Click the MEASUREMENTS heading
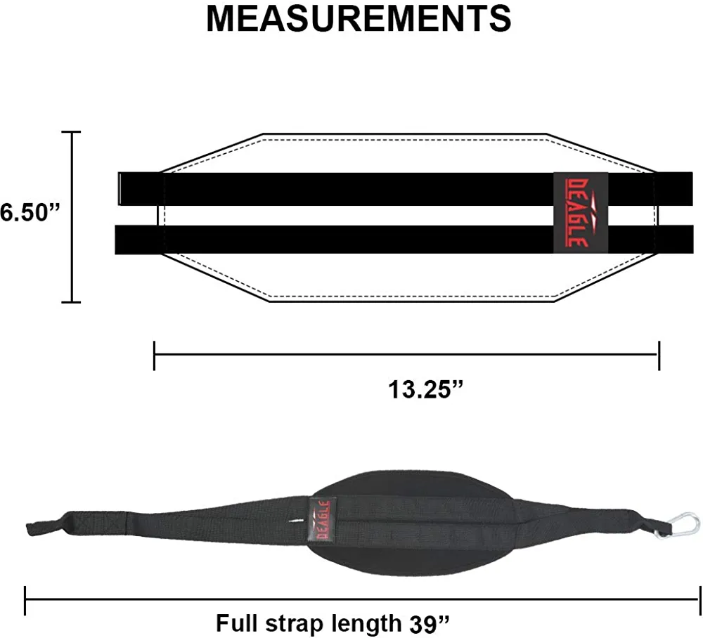[x=359, y=18]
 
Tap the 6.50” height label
[x=30, y=212]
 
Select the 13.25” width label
[x=425, y=389]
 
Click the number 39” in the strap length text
[x=429, y=624]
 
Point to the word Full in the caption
[x=234, y=623]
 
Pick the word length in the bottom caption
[x=367, y=624]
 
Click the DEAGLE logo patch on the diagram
[x=581, y=212]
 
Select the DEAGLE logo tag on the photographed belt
[x=322, y=520]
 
